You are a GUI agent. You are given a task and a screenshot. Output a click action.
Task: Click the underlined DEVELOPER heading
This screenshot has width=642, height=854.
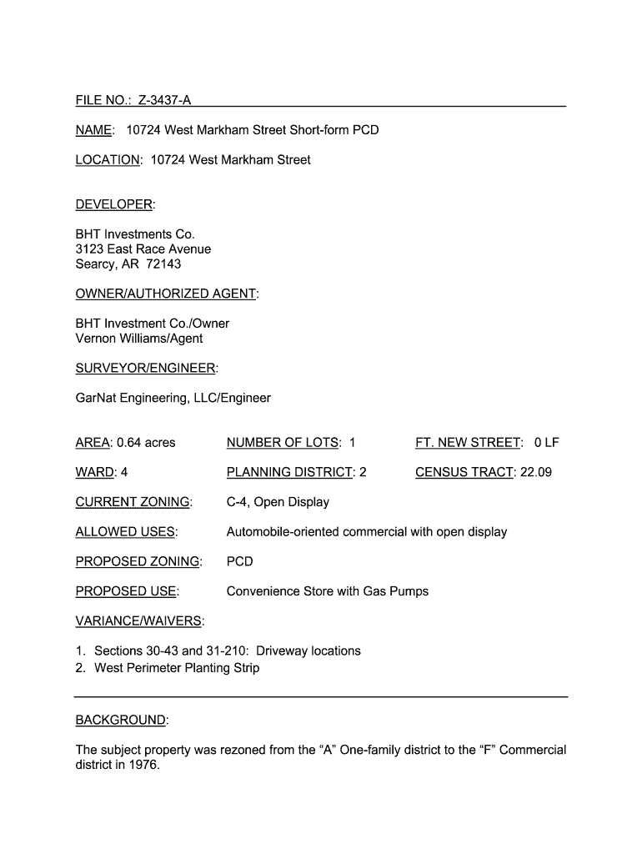114,205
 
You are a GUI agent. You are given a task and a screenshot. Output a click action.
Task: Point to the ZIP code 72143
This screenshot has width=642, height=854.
163,264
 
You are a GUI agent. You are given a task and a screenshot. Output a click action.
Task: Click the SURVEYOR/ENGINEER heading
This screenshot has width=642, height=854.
145,369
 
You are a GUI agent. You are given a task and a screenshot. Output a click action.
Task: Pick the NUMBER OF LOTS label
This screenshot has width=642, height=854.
283,443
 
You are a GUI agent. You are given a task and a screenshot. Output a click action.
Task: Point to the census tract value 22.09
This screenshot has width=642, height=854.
535,473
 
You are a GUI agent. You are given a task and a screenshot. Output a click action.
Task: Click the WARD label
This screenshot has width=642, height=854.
94,473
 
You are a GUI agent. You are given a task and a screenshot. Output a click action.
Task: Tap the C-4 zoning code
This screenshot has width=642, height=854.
238,502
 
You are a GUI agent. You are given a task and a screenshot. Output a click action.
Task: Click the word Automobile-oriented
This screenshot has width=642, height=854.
283,532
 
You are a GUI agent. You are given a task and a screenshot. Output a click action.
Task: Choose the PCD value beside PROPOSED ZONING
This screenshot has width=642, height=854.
239,562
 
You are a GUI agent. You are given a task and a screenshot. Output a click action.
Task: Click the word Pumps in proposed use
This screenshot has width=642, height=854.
408,592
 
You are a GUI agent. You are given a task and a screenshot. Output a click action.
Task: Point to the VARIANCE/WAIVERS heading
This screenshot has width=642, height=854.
138,621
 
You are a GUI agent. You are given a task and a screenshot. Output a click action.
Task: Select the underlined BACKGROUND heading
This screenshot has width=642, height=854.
120,720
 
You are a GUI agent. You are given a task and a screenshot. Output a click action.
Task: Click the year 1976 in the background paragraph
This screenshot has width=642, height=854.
143,765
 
